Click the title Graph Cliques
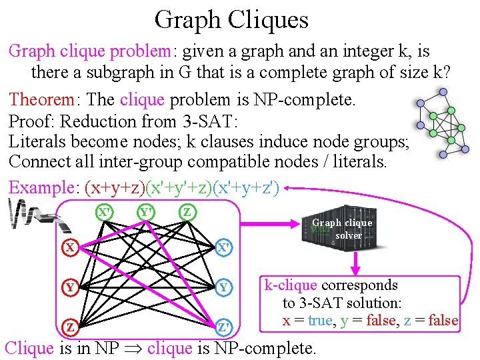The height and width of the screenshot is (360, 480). click(x=231, y=19)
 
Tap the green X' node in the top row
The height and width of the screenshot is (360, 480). click(x=104, y=213)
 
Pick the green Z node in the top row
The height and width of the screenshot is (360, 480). click(x=188, y=213)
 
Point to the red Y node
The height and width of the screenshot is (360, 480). click(x=69, y=288)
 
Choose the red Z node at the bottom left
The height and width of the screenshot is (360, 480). click(x=69, y=327)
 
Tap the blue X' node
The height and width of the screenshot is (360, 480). click(x=225, y=248)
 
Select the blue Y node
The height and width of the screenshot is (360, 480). click(x=225, y=288)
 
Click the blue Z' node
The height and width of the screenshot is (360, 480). click(x=225, y=327)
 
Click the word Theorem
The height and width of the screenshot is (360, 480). click(x=41, y=100)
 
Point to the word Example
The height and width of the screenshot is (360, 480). click(x=41, y=187)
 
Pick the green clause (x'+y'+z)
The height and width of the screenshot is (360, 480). click(x=178, y=187)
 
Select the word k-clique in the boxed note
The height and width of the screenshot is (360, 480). click(x=291, y=285)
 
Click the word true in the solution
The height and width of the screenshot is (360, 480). click(x=320, y=321)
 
